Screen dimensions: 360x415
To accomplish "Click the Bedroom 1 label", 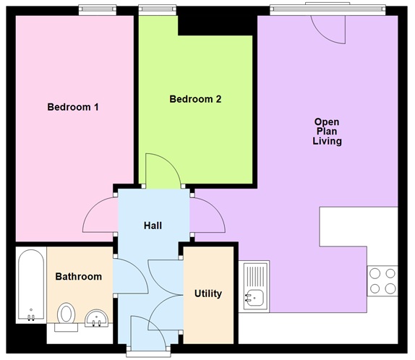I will (x=73, y=107).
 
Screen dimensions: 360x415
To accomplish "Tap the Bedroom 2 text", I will (x=195, y=99).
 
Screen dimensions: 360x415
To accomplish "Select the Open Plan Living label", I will (x=327, y=131).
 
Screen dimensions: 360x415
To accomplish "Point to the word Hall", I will (x=153, y=226).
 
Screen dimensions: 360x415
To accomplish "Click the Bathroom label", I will (x=79, y=276).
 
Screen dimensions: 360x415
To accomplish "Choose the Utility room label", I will (x=208, y=293).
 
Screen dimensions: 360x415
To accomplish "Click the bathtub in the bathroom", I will (x=30, y=286).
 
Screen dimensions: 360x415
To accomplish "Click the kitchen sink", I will (x=256, y=286).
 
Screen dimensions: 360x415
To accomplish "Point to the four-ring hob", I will (x=382, y=281).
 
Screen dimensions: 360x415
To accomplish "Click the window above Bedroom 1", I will (x=98, y=9).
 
